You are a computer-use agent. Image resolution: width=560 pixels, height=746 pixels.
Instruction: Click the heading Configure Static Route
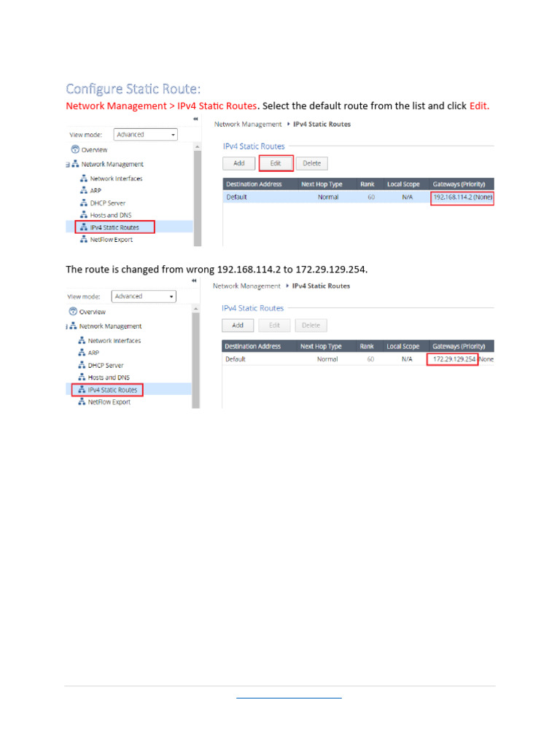pyautogui.click(x=133, y=89)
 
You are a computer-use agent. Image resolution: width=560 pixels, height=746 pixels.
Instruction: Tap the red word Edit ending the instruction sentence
pyautogui.click(x=479, y=106)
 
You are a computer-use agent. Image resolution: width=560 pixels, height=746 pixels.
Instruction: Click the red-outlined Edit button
pyautogui.click(x=276, y=163)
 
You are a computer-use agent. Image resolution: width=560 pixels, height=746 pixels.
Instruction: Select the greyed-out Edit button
pyautogui.click(x=274, y=326)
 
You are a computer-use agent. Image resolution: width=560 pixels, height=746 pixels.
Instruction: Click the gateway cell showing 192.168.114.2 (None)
pyautogui.click(x=462, y=197)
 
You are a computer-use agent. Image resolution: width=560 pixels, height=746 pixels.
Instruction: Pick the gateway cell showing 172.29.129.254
pyautogui.click(x=453, y=359)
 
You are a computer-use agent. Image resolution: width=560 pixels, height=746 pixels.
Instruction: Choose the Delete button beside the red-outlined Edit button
pyautogui.click(x=312, y=163)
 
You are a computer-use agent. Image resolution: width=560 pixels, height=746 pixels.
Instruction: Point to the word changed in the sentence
pyautogui.click(x=139, y=270)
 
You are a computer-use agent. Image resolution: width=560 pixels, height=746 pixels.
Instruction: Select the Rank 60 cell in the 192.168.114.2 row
pyautogui.click(x=371, y=197)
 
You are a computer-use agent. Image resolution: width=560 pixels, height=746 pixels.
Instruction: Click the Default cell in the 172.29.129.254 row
pyautogui.click(x=236, y=359)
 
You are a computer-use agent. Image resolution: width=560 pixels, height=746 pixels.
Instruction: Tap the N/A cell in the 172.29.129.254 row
pyautogui.click(x=406, y=359)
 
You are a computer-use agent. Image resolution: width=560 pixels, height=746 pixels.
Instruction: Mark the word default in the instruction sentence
pyautogui.click(x=331, y=106)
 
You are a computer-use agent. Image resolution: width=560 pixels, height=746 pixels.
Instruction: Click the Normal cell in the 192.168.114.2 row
pyautogui.click(x=328, y=197)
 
